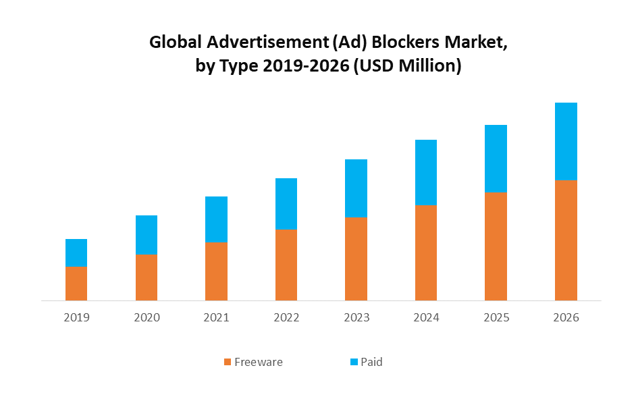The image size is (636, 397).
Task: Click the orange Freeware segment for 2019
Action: coord(76,284)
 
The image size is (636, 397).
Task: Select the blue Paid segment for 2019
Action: coord(76,253)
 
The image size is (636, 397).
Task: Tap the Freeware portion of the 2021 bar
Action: coord(216,271)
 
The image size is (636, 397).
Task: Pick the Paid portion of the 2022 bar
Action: coord(286,203)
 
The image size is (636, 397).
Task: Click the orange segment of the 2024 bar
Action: coord(426,253)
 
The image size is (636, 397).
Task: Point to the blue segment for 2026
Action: coord(566,141)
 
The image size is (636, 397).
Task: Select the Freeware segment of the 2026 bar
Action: coord(566,240)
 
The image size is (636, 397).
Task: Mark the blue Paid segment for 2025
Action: coord(496,159)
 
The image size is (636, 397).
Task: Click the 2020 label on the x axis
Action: coord(147,317)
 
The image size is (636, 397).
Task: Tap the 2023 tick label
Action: coord(356,317)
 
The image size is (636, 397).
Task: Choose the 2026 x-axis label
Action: coord(566,317)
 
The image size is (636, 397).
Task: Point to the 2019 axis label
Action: coord(76,317)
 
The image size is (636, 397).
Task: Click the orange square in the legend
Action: coord(228,363)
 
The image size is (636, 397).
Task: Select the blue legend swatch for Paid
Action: coord(354,363)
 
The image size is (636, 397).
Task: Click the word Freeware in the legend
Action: coord(259,362)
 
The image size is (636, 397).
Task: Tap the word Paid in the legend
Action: coord(371,362)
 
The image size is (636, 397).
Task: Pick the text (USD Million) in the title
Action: coord(407,66)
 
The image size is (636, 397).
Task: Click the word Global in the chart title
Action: coord(174,43)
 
